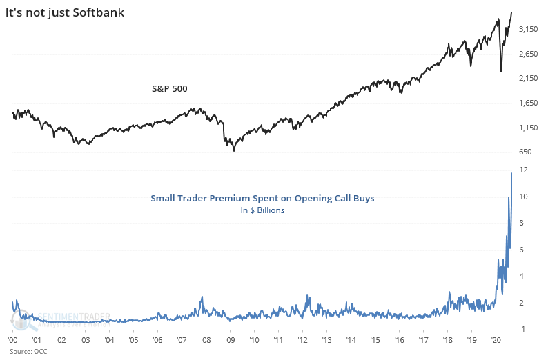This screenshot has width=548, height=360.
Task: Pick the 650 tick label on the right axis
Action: click(525, 152)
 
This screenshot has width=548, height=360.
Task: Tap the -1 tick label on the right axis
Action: click(523, 329)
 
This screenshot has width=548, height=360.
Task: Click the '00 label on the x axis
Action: click(13, 340)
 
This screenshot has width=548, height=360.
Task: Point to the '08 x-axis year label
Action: click(205, 340)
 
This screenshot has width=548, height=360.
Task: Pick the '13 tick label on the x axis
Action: click(326, 340)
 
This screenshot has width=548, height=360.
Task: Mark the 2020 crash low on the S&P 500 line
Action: click(501, 71)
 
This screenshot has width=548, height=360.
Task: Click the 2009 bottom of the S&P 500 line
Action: click(234, 150)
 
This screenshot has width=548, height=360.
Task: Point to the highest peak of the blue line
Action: click(511, 172)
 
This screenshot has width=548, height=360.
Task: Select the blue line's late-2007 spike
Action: click(202, 297)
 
